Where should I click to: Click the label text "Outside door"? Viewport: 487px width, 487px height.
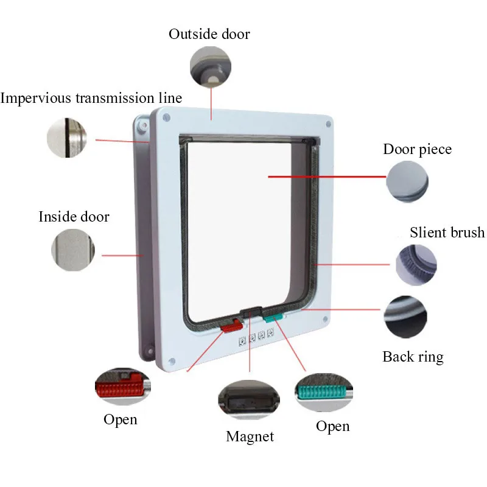[209, 33]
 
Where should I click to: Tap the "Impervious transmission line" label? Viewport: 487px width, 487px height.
[91, 98]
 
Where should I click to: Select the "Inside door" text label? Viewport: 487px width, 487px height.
[74, 217]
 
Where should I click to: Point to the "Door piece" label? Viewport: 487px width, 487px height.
[417, 150]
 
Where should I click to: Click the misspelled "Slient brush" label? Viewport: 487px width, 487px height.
[447, 233]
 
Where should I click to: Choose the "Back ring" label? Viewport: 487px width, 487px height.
[413, 357]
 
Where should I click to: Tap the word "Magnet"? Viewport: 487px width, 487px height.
[250, 436]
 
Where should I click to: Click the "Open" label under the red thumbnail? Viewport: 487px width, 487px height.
[121, 419]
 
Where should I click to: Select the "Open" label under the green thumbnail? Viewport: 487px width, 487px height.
[332, 426]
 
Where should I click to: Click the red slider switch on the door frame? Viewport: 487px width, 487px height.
[231, 326]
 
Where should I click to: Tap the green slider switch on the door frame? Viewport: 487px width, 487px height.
[273, 318]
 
